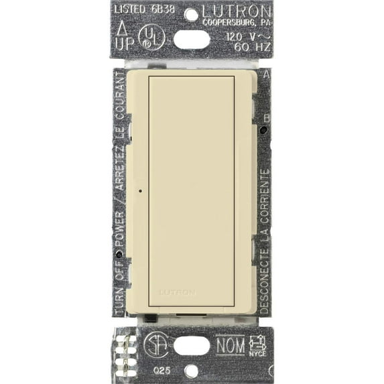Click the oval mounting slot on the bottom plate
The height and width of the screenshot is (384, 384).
191,346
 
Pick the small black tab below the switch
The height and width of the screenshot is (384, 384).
150,318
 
